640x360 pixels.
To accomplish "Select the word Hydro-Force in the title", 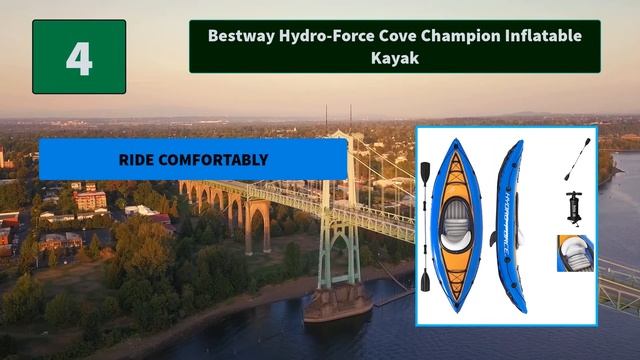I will (325, 35).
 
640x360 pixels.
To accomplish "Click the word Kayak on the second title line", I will (395, 58).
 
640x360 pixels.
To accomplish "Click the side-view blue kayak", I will (510, 220).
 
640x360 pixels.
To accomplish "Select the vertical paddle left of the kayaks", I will (425, 226).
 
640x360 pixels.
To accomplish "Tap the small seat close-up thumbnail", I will (574, 253).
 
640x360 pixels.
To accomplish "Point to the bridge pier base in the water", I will (338, 304).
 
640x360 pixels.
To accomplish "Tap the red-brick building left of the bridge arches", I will (91, 200).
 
